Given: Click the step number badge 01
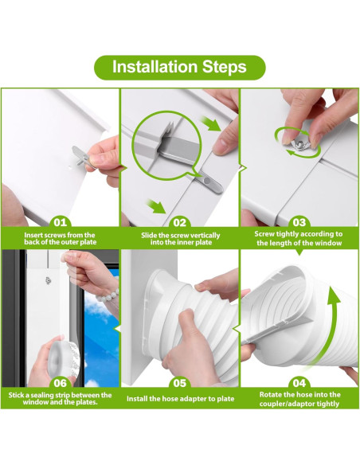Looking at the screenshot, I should pyautogui.click(x=61, y=223).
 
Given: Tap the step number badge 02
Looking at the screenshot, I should pyautogui.click(x=180, y=223).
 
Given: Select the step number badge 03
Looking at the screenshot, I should pyautogui.click(x=299, y=223).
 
